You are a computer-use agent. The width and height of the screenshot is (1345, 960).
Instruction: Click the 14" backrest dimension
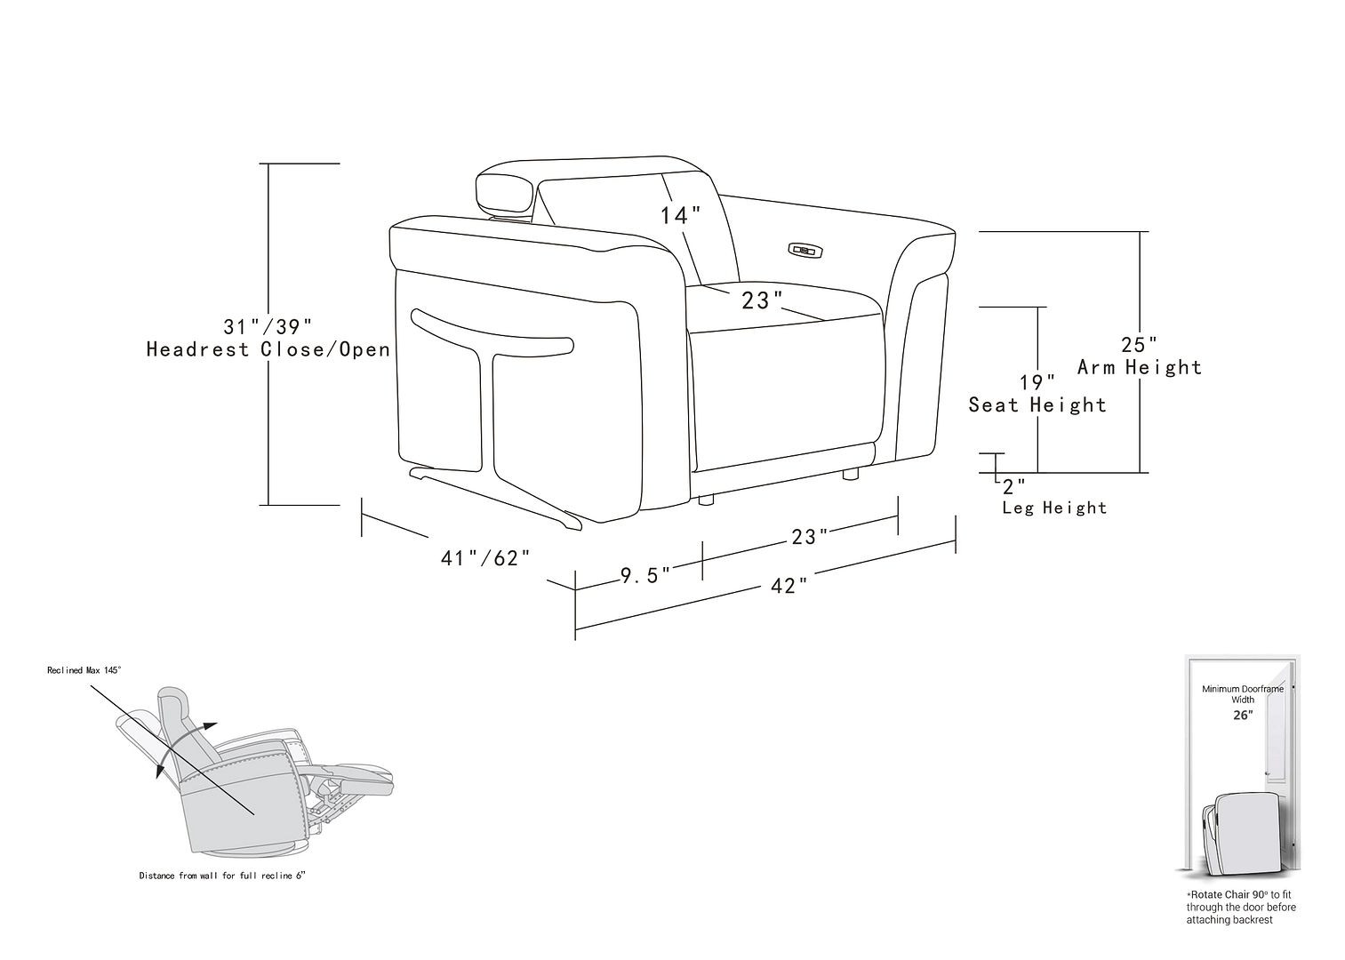tap(680, 215)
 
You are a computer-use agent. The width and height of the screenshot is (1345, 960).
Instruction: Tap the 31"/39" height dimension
tap(268, 326)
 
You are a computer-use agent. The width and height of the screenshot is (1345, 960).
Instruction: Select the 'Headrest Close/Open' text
tap(268, 349)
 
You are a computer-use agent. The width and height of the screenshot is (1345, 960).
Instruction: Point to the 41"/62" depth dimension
tap(485, 558)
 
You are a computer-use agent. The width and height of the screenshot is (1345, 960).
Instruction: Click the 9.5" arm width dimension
tap(645, 575)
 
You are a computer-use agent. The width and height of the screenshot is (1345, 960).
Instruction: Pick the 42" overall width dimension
tap(789, 587)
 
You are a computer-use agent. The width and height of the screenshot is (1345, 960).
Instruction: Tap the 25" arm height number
tap(1139, 344)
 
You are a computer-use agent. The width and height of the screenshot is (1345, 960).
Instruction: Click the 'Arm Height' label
tap(1139, 367)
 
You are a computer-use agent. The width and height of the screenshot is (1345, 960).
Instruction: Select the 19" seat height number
tap(1037, 383)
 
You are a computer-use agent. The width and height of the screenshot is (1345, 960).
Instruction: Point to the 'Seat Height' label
tap(1037, 405)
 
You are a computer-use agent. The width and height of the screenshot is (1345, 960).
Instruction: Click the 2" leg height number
tap(1013, 487)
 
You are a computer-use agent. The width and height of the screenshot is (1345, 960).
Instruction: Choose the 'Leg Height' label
tap(1054, 508)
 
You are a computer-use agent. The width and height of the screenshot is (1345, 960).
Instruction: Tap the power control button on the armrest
tap(803, 251)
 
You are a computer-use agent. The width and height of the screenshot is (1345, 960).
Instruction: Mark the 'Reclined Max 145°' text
tap(84, 670)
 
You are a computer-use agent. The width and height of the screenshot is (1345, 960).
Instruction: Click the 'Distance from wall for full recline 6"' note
tap(221, 876)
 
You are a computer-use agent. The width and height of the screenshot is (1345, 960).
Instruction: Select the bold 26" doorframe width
tap(1243, 715)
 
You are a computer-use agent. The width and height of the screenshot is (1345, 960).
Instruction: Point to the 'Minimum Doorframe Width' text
tap(1243, 694)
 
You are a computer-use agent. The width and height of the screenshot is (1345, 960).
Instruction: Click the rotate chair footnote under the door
tap(1241, 908)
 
